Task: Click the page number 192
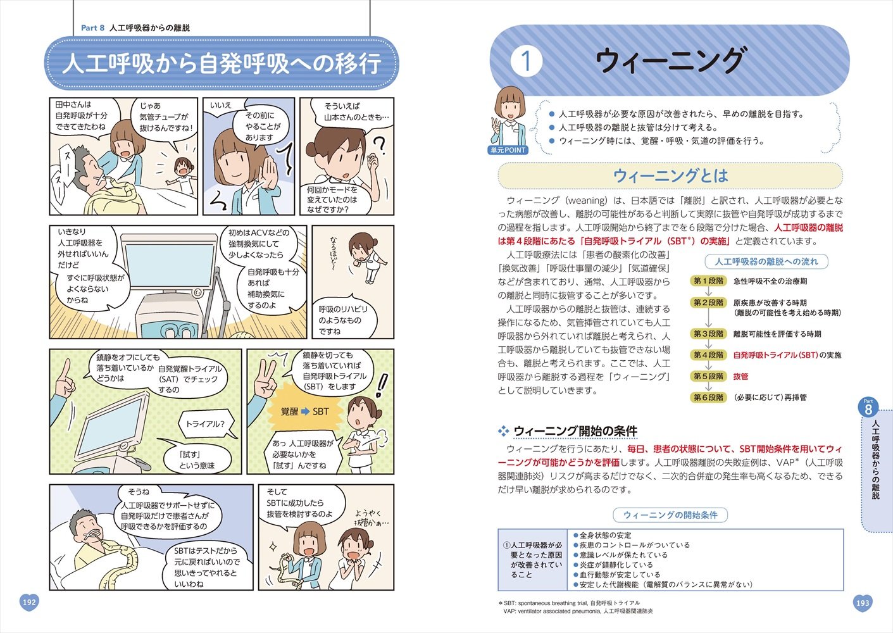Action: [29, 602]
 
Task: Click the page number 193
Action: [862, 603]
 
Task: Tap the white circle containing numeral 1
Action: [526, 61]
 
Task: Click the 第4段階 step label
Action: [708, 355]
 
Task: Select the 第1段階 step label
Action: [708, 281]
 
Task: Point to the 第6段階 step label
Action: [708, 398]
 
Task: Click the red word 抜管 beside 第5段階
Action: [740, 377]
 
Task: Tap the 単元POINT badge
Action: [508, 150]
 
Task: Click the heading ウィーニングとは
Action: [670, 176]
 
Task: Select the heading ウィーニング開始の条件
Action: [575, 432]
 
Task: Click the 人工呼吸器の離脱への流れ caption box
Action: [766, 261]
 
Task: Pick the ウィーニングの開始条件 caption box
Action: [670, 515]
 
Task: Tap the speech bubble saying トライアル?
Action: [204, 424]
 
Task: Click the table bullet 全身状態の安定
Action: [605, 536]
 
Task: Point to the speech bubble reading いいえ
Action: [221, 106]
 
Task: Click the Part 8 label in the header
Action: [93, 28]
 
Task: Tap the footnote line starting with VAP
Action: [578, 611]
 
